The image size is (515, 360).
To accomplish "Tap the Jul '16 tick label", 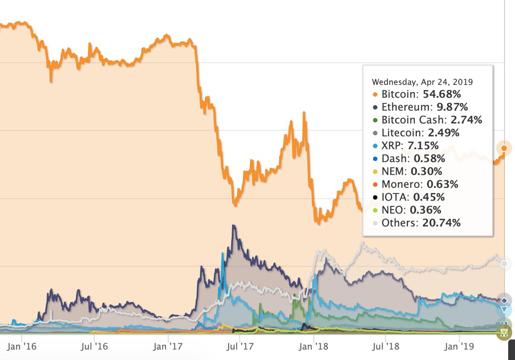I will click(x=94, y=346).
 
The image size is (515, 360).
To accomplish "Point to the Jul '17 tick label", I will click(x=240, y=346).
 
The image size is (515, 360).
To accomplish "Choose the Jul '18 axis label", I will click(x=386, y=346).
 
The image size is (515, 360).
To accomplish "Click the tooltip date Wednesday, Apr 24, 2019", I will click(x=422, y=82).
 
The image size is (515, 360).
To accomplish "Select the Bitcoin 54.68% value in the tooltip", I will click(x=442, y=94).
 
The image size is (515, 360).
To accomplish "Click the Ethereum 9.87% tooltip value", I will click(x=452, y=107).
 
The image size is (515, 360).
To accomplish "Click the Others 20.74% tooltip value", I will click(x=441, y=223).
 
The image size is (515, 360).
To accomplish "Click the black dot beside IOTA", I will click(x=375, y=197).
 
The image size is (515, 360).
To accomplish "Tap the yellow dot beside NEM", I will click(x=375, y=172).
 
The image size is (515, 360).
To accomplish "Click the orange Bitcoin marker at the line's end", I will click(x=504, y=148).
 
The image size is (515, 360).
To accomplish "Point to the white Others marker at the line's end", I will click(x=504, y=264).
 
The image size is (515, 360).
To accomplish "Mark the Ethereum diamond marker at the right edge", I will click(x=504, y=300).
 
